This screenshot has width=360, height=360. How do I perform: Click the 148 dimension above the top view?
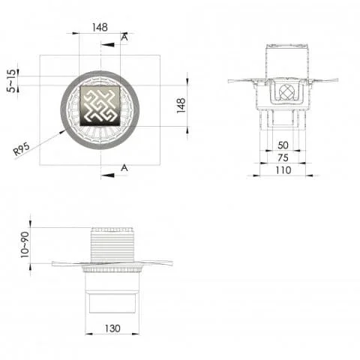tap(100, 26)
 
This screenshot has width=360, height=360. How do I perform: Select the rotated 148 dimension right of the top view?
tap(181, 105)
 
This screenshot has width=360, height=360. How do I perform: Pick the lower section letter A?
tap(124, 168)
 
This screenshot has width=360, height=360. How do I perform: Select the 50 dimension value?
tap(282, 145)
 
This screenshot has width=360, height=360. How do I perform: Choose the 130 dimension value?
tap(112, 328)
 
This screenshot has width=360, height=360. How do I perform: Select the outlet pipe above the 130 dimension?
tap(112, 303)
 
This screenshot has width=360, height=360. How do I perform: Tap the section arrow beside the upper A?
tap(109, 44)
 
